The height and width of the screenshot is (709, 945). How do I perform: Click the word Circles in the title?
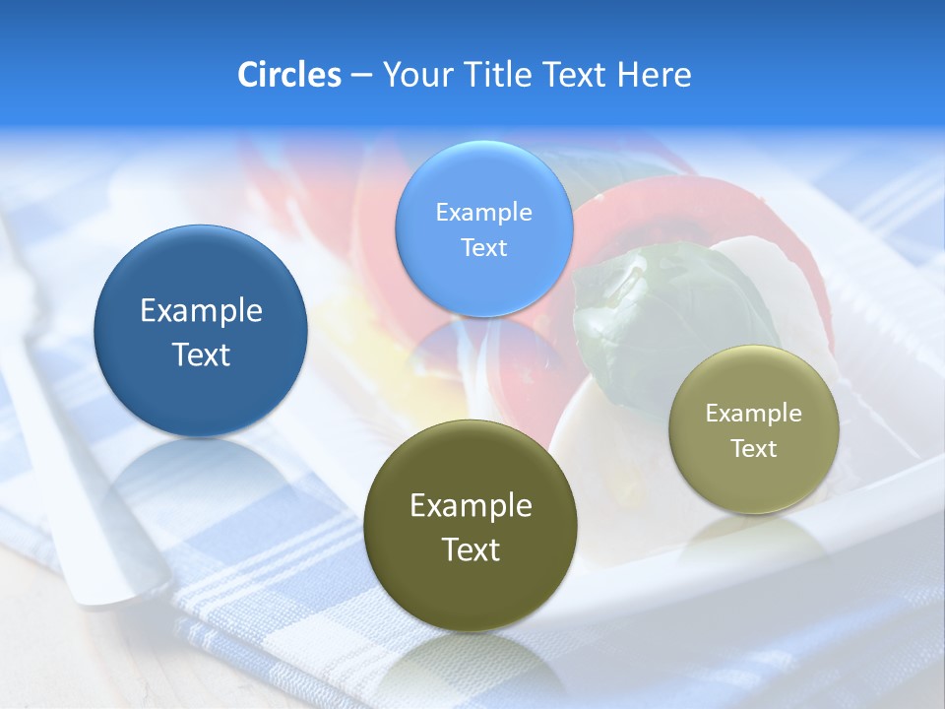288,75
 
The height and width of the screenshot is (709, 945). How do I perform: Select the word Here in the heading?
654,75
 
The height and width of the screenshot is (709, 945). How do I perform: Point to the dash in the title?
361,76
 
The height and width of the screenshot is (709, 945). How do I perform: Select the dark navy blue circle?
201,331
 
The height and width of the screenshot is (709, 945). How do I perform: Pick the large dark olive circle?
471,525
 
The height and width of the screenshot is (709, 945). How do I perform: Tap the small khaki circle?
753,429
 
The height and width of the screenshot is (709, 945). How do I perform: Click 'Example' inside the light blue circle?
483,212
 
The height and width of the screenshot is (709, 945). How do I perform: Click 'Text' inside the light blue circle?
483,247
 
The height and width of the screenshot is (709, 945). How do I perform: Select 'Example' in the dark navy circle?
201,311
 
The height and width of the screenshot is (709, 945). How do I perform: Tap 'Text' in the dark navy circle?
201,354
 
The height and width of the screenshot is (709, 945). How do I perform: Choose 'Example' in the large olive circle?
471,506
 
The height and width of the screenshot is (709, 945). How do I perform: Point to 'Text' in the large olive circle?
471,549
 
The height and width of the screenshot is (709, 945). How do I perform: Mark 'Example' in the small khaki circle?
753,414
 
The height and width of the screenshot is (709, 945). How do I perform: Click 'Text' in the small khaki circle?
753,449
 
